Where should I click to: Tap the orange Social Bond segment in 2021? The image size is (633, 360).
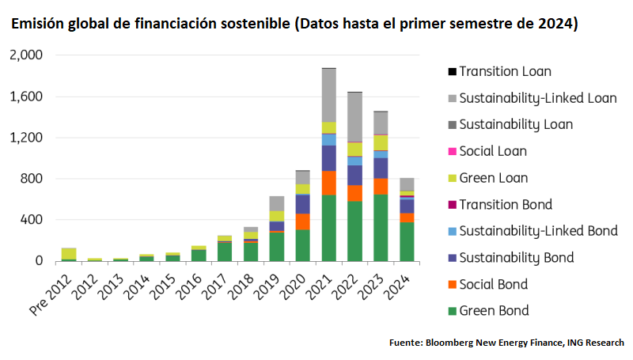point(328,182)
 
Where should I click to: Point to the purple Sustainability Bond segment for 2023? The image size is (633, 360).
point(381,168)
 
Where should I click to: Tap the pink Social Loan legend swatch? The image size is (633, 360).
point(452,151)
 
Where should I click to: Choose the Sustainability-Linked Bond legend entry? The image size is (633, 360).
point(538,231)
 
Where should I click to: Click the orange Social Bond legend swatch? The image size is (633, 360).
point(452,285)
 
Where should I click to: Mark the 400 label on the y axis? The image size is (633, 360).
point(33,219)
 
